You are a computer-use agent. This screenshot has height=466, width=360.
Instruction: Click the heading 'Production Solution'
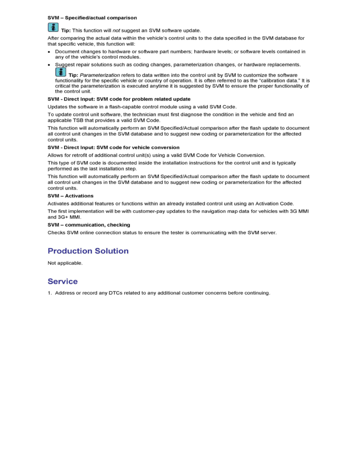tap(88, 251)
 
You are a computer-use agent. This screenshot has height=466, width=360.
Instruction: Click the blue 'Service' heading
tap(63, 281)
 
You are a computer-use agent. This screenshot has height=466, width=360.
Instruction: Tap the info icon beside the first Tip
tap(53, 27)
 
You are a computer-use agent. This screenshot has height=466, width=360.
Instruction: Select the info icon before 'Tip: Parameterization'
tap(60, 72)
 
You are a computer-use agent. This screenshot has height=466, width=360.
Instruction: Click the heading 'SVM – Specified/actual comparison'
tap(92, 18)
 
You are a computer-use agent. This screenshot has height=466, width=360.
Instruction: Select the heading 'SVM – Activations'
tap(71, 196)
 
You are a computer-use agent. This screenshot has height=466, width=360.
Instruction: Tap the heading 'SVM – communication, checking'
tap(89, 225)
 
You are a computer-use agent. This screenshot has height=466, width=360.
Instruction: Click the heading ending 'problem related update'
tap(119, 99)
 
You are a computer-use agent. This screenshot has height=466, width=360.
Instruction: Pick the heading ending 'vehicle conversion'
tap(113, 147)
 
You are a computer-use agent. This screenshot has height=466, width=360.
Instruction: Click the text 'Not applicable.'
tap(65, 263)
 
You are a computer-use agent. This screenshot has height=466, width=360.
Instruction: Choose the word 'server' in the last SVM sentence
tap(268, 233)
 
